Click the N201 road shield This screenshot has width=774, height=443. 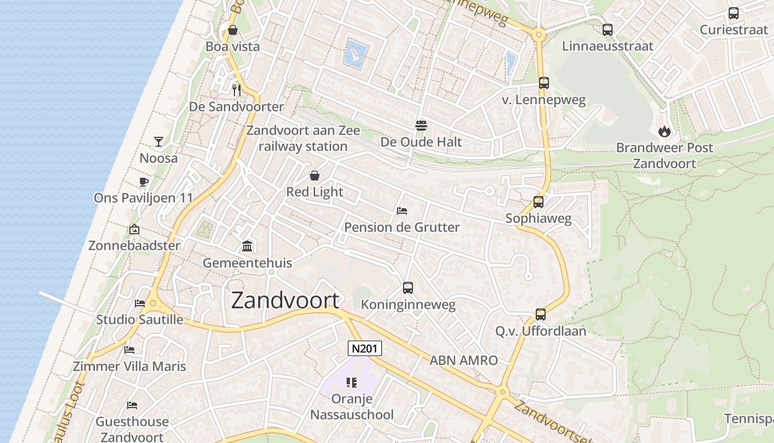(x=364, y=348)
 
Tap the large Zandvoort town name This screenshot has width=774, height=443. (x=285, y=300)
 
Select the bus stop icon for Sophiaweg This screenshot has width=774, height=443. (x=538, y=202)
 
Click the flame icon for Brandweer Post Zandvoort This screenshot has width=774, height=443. (x=665, y=131)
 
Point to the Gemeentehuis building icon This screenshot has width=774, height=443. (x=247, y=246)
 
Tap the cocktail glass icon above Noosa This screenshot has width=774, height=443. (x=159, y=142)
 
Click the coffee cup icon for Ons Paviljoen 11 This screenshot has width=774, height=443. (x=144, y=182)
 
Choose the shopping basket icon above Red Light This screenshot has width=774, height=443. (x=315, y=176)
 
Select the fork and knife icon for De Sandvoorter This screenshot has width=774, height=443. (x=237, y=90)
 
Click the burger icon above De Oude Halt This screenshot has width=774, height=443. (x=421, y=125)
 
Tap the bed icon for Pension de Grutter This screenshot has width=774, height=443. (x=402, y=211)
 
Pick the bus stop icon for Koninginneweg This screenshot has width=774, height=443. (x=408, y=288)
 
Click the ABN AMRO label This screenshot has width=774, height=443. (x=464, y=360)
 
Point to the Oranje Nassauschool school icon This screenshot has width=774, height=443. (x=352, y=382)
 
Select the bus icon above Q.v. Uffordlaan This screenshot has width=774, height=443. (x=541, y=315)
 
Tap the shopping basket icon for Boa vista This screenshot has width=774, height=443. (x=233, y=30)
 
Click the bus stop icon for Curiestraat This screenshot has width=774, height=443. (x=734, y=13)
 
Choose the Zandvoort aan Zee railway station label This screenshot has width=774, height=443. (x=303, y=138)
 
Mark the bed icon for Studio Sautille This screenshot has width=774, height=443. (x=140, y=303)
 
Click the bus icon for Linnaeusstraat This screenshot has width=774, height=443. (x=608, y=30)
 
